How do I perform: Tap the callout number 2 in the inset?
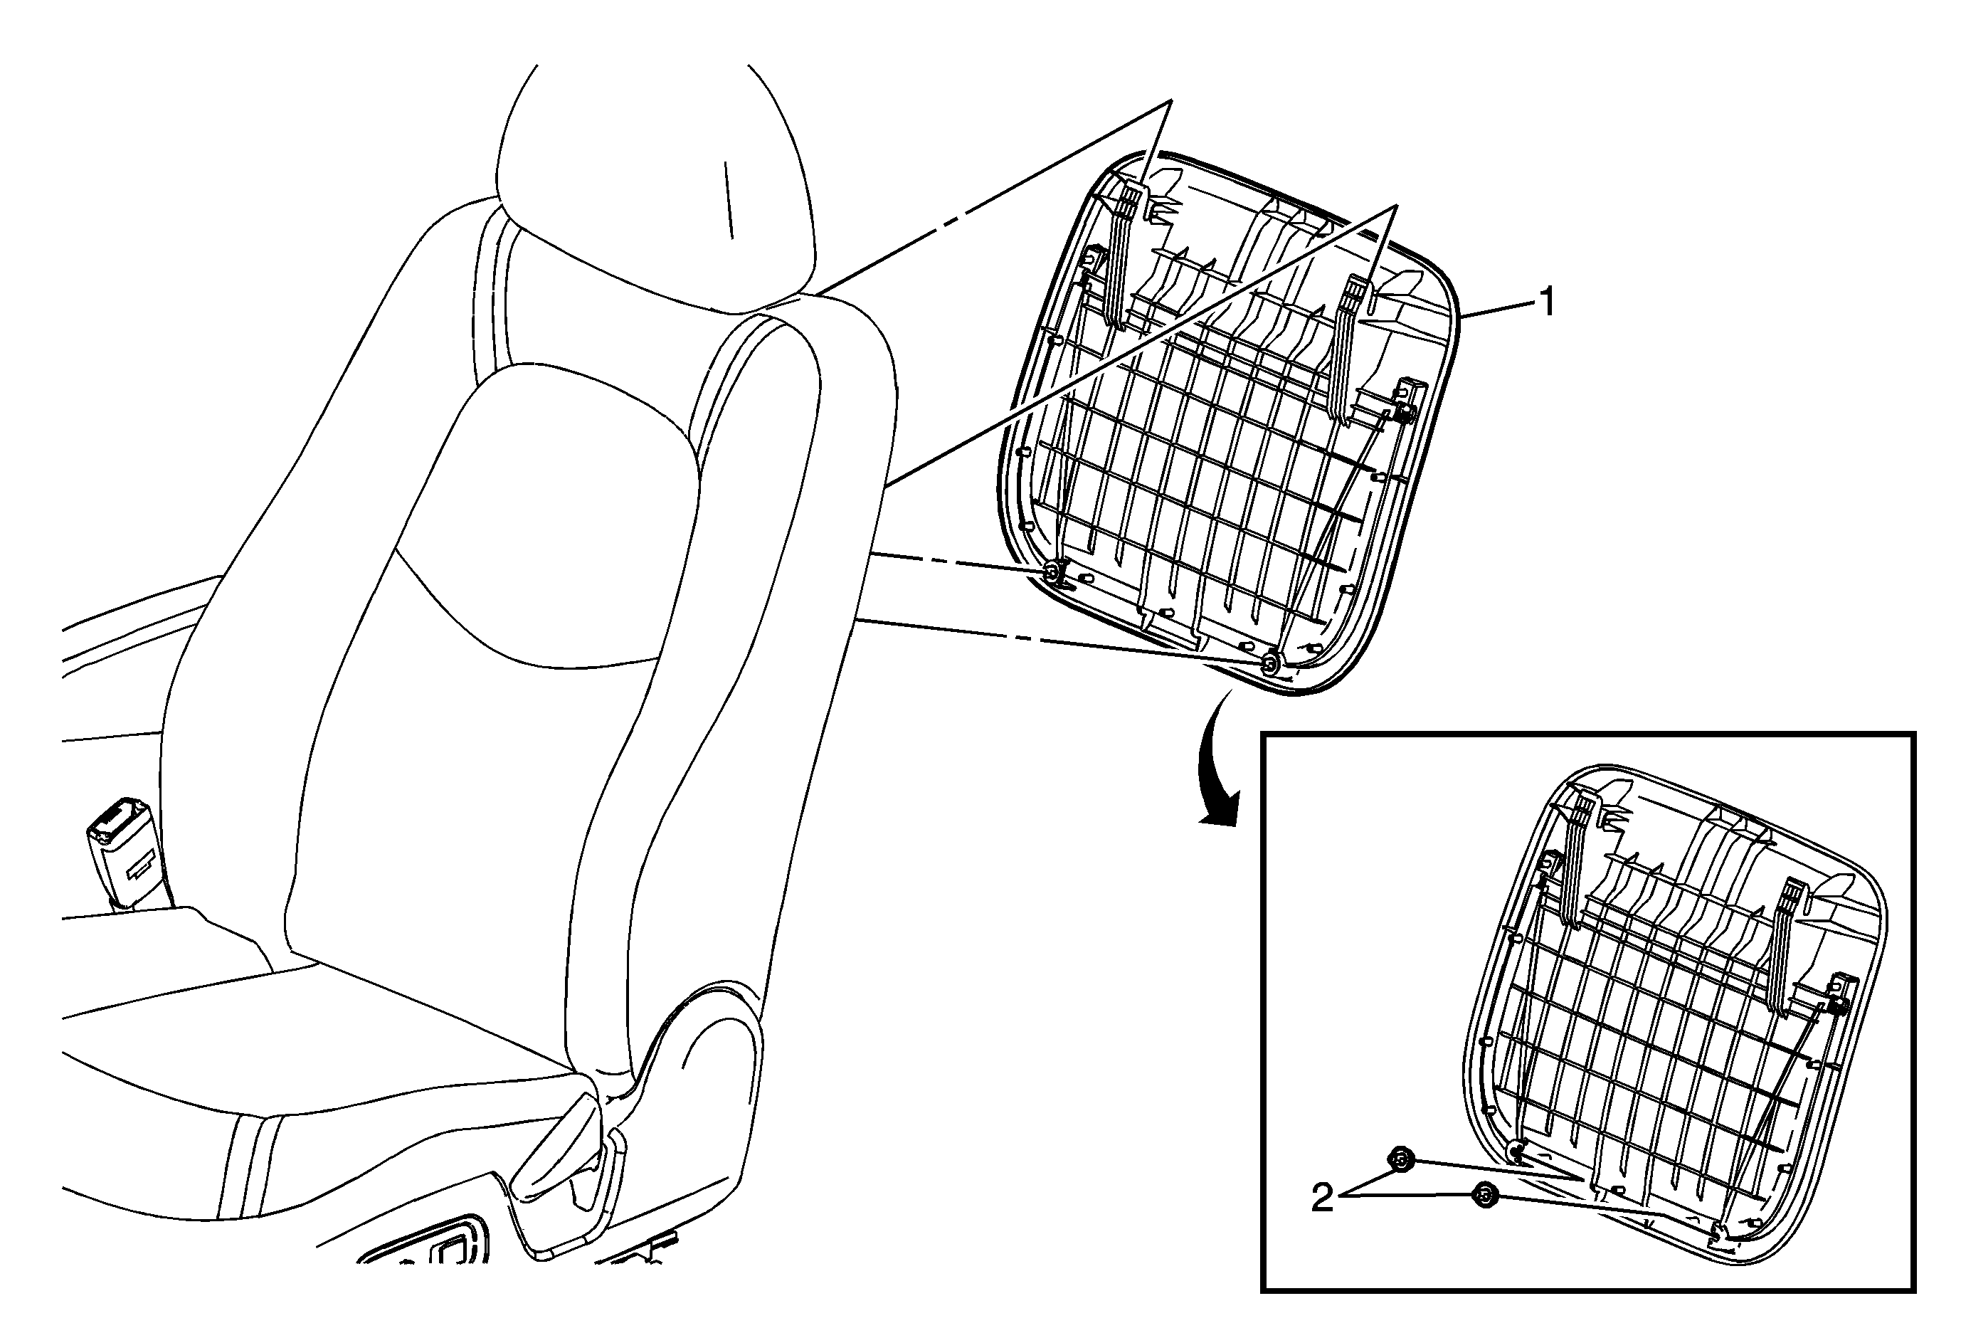[x=1322, y=1198]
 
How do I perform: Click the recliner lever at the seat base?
[x=557, y=1147]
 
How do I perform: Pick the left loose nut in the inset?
[x=1401, y=1160]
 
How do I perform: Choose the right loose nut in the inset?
[x=1484, y=1196]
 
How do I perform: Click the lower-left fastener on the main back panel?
[x=1053, y=573]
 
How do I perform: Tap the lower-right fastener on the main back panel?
[x=1269, y=665]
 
